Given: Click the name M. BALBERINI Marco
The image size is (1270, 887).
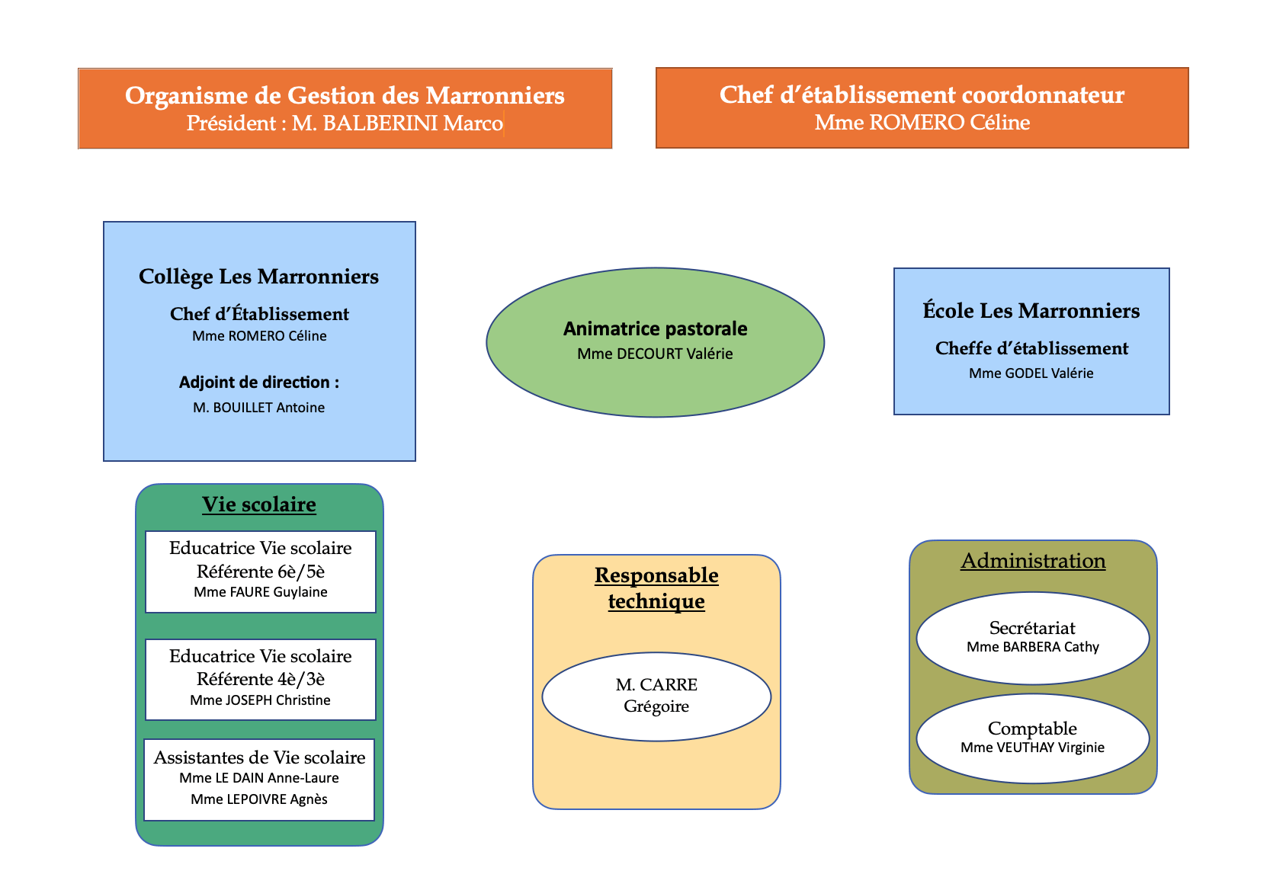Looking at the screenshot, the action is [397, 123].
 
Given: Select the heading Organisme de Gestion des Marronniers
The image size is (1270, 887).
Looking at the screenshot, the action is [345, 95].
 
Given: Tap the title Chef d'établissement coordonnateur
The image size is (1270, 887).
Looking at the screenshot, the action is [922, 94].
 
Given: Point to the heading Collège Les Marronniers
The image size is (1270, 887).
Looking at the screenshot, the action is [258, 277].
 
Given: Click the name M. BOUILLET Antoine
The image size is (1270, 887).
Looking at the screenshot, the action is [258, 408].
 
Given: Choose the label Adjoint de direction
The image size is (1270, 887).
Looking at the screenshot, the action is [255, 383].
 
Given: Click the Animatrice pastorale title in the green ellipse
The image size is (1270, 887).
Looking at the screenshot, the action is [655, 328].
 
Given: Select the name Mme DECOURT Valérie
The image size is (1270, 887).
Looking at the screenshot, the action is [655, 354].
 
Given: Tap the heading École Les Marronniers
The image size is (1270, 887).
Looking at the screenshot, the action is [1031, 311].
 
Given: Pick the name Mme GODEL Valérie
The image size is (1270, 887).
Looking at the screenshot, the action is [1031, 373].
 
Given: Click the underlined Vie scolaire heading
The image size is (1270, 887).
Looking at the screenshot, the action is [259, 504].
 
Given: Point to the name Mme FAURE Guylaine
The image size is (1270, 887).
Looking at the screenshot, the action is [260, 591].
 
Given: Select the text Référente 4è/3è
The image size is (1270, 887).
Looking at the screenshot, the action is [260, 679].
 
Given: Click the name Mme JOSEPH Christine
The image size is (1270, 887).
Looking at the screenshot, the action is [260, 700].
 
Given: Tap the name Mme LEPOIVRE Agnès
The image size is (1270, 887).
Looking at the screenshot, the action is [259, 799].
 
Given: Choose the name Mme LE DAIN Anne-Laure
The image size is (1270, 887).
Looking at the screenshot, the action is [259, 777].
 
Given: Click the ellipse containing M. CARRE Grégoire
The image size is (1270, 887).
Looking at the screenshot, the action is [656, 696].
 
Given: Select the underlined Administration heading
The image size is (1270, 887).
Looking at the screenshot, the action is [1033, 561].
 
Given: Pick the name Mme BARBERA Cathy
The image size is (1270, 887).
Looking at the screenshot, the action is [1033, 647].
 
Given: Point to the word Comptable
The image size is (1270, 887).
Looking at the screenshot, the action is [1032, 728].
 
